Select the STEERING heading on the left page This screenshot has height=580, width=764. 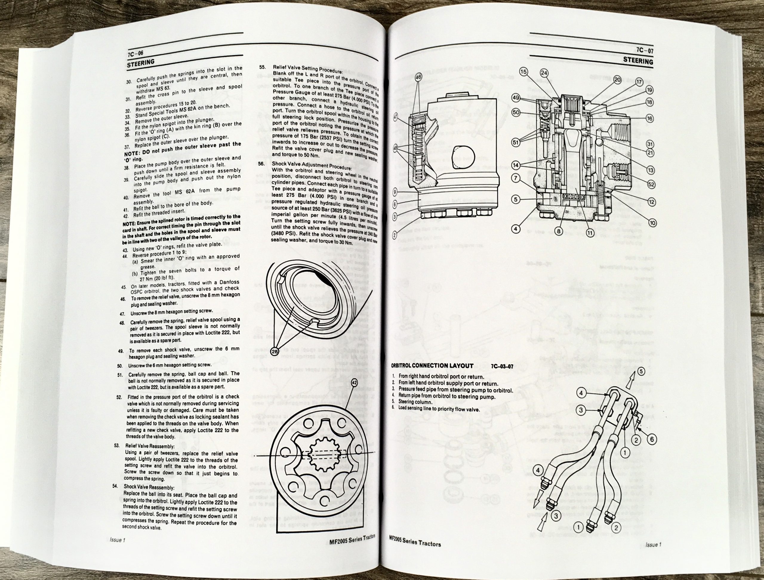click(140, 63)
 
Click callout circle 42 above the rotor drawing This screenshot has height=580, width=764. click(354, 382)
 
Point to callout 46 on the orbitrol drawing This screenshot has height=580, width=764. click(419, 77)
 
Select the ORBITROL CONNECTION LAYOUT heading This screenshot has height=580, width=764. click(432, 365)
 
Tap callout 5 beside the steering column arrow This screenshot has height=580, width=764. click(641, 371)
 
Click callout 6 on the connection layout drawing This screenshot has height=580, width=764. click(651, 440)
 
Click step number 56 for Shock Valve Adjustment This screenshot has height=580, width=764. click(261, 163)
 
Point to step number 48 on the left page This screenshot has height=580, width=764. click(122, 323)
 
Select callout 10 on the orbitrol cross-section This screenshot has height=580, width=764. click(652, 223)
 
